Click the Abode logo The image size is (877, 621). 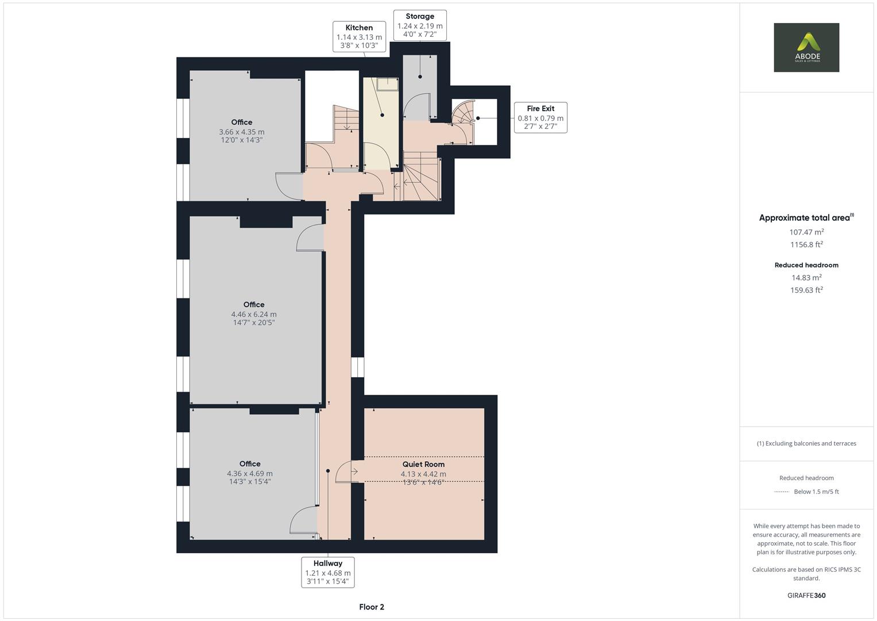pos(806,47)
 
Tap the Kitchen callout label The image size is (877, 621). pos(359,36)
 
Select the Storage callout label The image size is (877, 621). pos(420,25)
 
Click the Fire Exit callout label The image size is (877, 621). pos(540,117)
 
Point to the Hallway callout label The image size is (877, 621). pos(327,572)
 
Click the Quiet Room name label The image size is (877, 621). pos(423,464)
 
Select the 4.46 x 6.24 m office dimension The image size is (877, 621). pos(254,315)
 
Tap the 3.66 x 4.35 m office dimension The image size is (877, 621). pos(242,132)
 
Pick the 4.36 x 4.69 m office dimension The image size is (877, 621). pos(250,474)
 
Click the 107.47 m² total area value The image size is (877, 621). pos(806,232)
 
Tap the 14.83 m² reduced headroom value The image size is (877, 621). pos(806,278)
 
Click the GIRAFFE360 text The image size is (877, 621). pos(806,595)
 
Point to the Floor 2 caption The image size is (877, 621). pos(372,607)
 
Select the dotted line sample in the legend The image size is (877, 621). pos(781,492)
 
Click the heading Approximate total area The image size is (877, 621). pos(805,218)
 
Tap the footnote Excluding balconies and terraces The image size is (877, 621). pos(806,443)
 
